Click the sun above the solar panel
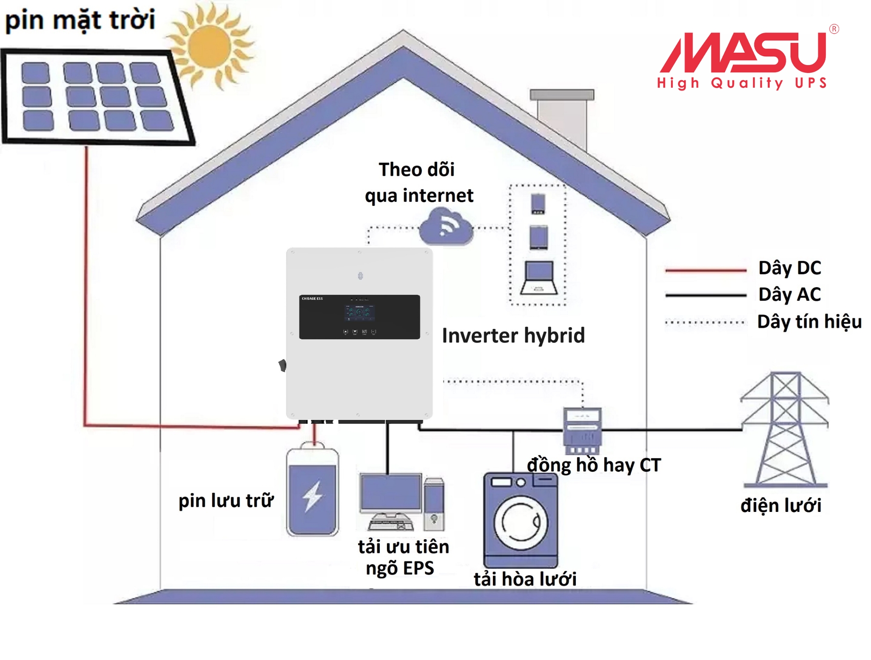[209, 46]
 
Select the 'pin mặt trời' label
[80, 20]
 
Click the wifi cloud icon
[446, 227]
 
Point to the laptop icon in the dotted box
[538, 277]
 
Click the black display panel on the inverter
[359, 317]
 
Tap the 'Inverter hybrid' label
[513, 335]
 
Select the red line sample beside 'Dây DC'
[706, 270]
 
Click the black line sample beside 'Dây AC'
[706, 295]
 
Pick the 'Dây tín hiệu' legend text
[809, 322]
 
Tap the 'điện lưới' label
[780, 506]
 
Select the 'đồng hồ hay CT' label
[594, 465]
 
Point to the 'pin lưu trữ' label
[226, 501]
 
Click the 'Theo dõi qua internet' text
[418, 183]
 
